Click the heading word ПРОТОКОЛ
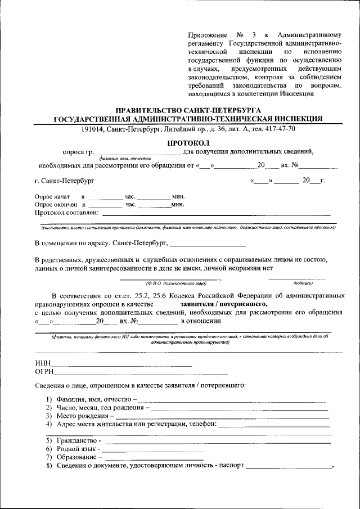pyautogui.click(x=188, y=142)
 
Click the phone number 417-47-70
pyautogui.click(x=280, y=129)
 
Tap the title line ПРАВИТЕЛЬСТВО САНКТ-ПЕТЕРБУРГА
pyautogui.click(x=188, y=110)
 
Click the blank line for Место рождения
pyautogui.click(x=222, y=417)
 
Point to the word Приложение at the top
pyautogui.click(x=209, y=36)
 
